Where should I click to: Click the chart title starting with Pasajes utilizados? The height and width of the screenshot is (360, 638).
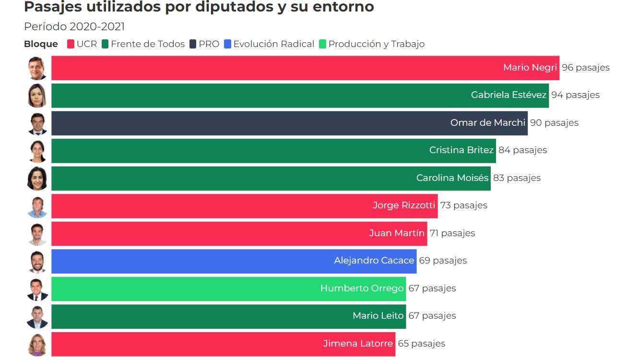pyautogui.click(x=199, y=7)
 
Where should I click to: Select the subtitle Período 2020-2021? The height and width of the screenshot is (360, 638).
pyautogui.click(x=74, y=27)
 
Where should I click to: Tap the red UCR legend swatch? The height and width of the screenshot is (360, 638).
pyautogui.click(x=71, y=44)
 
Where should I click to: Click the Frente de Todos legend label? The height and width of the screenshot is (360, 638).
pyautogui.click(x=147, y=44)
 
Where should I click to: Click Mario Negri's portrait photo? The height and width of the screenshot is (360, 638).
pyautogui.click(x=37, y=68)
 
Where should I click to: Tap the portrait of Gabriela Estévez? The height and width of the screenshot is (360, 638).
pyautogui.click(x=37, y=96)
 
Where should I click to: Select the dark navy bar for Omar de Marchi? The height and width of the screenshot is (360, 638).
pyautogui.click(x=240, y=123)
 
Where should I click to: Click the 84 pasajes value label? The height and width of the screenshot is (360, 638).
pyautogui.click(x=522, y=150)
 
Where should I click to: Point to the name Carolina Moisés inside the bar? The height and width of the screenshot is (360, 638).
pyautogui.click(x=452, y=178)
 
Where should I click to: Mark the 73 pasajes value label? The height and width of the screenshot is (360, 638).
pyautogui.click(x=463, y=205)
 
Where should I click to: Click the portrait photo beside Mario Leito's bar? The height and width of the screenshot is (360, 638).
pyautogui.click(x=37, y=316)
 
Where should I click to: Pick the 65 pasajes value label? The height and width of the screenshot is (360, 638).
pyautogui.click(x=421, y=344)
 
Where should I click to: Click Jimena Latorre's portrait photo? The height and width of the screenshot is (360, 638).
pyautogui.click(x=37, y=344)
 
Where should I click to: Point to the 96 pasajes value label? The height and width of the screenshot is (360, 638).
pyautogui.click(x=586, y=68)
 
